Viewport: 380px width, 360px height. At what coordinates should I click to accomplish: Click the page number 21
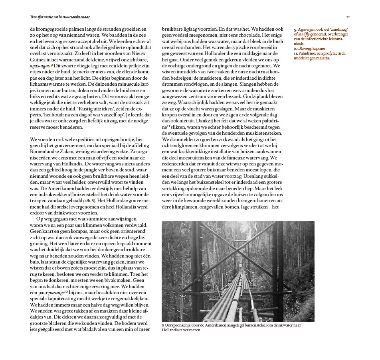(348, 17)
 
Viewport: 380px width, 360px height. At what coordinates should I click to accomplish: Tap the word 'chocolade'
(236, 35)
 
